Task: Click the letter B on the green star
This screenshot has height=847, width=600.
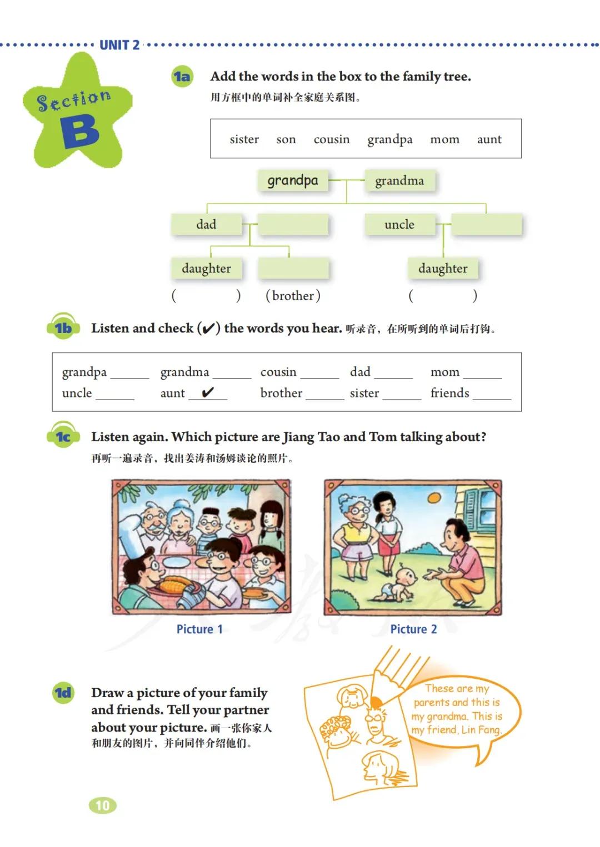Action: pos(80,132)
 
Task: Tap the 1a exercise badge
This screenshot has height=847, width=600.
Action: pos(182,77)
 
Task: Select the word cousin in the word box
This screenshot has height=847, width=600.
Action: pos(332,139)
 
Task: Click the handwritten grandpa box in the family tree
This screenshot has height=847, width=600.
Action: pos(293,180)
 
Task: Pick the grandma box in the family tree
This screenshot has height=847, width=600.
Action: pos(399,181)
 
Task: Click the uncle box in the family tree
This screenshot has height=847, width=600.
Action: pos(399,225)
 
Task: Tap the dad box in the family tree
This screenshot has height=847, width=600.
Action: pos(206,225)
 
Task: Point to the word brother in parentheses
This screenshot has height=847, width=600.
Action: pos(293,296)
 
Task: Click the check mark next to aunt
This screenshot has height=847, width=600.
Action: pos(208,392)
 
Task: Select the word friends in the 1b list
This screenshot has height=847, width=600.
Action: pos(449,393)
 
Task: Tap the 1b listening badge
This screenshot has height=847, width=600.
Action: pos(63,328)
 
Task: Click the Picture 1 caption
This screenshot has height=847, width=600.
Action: pos(199,629)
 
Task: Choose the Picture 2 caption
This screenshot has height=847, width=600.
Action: pos(413,629)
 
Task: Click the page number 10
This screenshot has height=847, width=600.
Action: pos(103,805)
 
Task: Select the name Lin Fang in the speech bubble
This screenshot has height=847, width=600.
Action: pos(481,729)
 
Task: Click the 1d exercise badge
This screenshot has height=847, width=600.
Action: pos(63,693)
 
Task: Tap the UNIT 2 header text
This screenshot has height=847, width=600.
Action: pos(119,45)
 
